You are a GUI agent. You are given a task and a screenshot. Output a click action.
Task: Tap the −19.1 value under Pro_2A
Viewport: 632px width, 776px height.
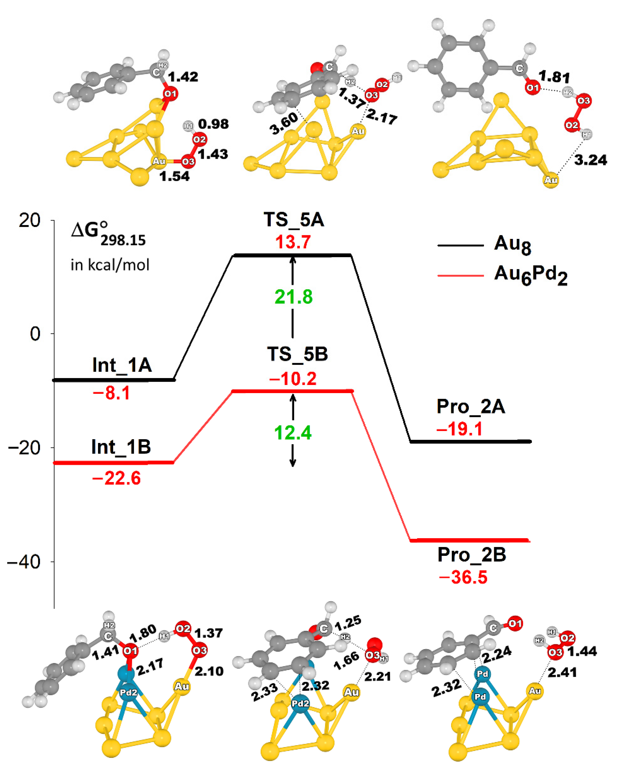[459, 429]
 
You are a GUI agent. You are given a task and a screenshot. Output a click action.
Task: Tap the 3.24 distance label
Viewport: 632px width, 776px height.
[591, 160]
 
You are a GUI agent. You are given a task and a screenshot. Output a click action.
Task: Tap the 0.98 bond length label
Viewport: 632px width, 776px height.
[213, 124]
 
